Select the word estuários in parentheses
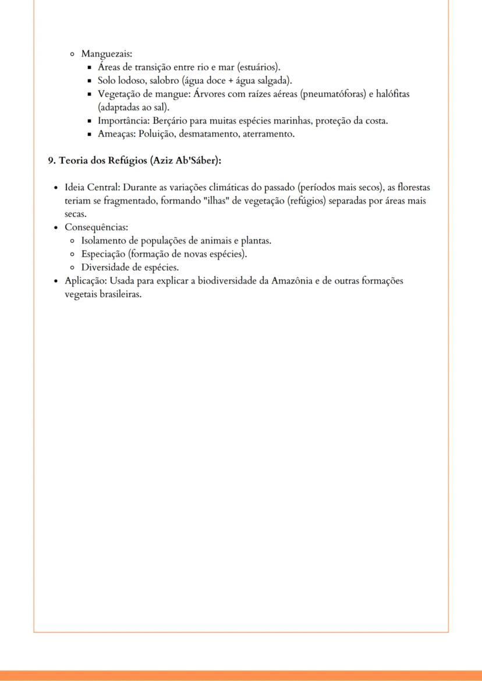point(259,67)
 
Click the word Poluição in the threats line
point(155,134)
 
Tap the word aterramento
point(267,134)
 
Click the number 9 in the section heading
point(51,161)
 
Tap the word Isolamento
point(105,240)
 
